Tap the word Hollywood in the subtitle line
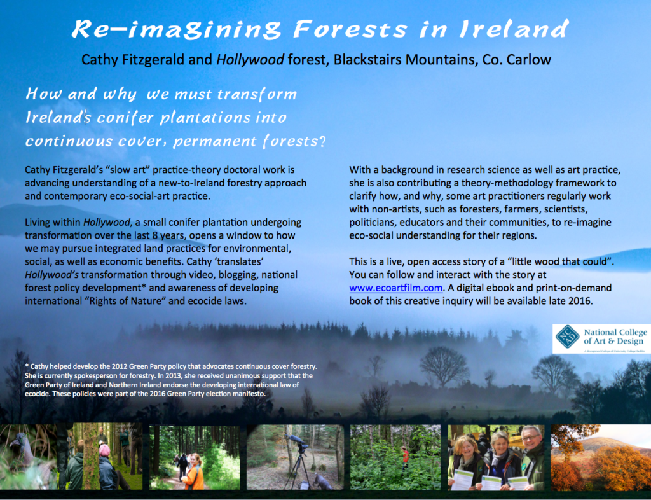[x=250, y=60]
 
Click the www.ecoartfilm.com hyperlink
[x=395, y=288]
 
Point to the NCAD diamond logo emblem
[x=567, y=337]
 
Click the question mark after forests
[x=321, y=142]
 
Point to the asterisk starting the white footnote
[x=27, y=366]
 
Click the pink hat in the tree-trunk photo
[x=104, y=450]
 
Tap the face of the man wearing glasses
[x=531, y=440]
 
